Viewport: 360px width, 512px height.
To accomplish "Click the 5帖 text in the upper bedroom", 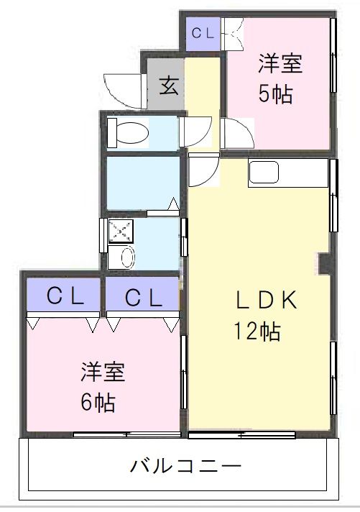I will [x=277, y=95].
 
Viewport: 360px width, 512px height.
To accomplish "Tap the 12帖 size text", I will [x=256, y=332].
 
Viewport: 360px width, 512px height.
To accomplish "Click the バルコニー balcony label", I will [x=185, y=466].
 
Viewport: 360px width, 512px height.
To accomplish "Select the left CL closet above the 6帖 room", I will [x=63, y=296].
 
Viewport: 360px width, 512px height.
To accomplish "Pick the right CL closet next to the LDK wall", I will [x=141, y=296].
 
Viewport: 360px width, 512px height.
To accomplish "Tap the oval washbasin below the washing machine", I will [x=127, y=256].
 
